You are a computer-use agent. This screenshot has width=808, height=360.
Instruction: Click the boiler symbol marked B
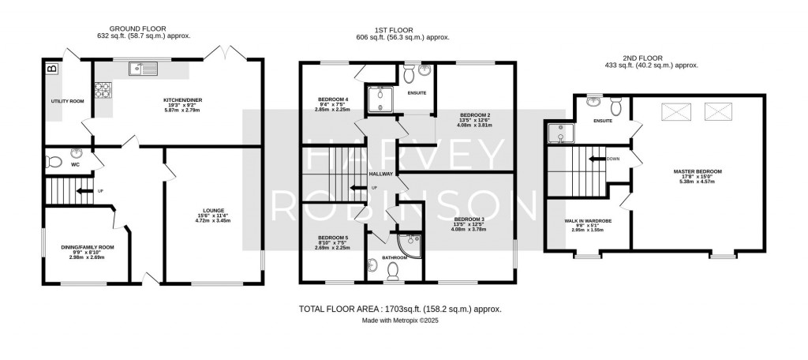point(53,69)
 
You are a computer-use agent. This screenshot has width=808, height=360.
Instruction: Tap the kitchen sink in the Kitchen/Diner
point(145,67)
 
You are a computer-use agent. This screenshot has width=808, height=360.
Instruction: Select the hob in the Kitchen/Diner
point(103,90)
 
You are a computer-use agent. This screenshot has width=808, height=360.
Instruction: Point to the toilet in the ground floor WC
point(53,162)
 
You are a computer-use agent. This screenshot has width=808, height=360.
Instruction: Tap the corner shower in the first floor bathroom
point(410,245)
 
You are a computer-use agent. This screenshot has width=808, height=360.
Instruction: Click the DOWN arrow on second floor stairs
point(598,157)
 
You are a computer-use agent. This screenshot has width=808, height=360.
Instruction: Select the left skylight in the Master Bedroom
point(675,109)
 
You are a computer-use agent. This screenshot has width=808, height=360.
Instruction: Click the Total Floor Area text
point(400,309)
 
